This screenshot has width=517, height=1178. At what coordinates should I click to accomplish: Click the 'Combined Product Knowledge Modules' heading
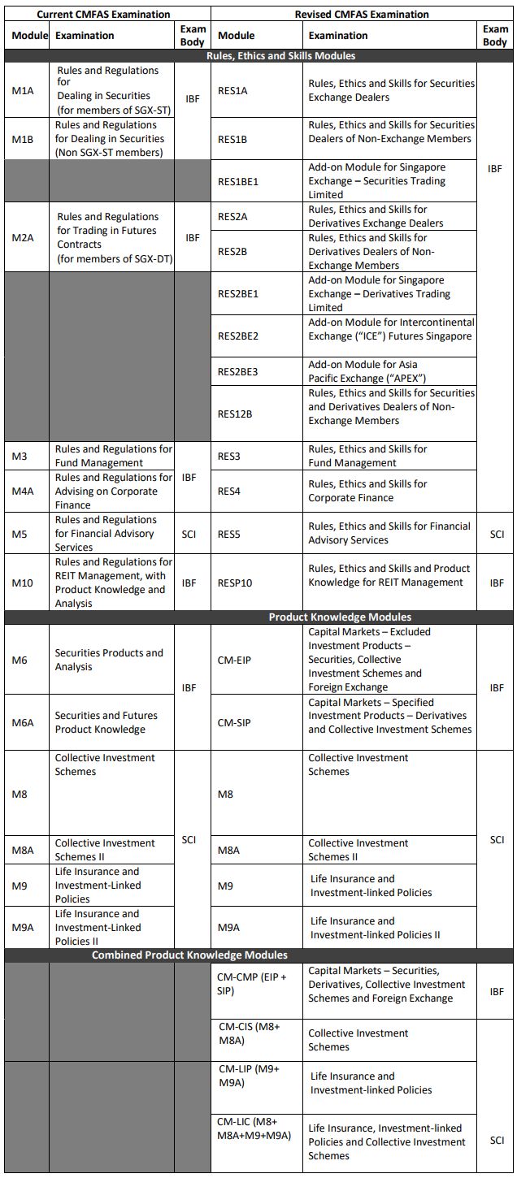click(x=189, y=955)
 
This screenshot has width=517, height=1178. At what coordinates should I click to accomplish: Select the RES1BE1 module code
click(x=238, y=181)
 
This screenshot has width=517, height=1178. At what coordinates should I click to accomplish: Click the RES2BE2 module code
click(x=238, y=336)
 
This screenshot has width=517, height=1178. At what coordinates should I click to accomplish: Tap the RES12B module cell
click(x=235, y=414)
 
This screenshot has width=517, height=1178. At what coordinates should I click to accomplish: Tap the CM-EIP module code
click(x=235, y=660)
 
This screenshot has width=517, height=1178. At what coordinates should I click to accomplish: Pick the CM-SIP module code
click(x=234, y=721)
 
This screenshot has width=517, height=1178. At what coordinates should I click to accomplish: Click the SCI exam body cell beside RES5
click(x=497, y=534)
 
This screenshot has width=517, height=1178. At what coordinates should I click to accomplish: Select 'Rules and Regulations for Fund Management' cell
click(x=113, y=456)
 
